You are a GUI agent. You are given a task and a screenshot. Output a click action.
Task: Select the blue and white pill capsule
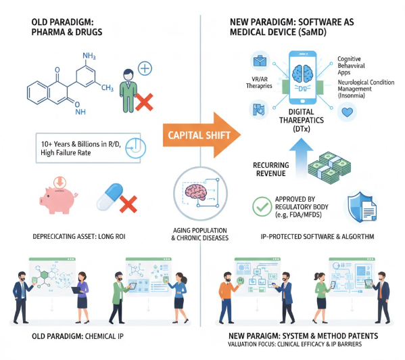[110, 197]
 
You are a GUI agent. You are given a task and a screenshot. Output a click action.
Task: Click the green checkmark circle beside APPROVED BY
[262, 206]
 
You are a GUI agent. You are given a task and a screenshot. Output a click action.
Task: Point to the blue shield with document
[361, 207]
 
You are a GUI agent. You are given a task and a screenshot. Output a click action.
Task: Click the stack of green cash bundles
[329, 167]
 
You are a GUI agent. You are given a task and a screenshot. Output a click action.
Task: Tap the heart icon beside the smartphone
[347, 112]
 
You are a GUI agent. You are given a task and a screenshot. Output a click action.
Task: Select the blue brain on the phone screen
[302, 74]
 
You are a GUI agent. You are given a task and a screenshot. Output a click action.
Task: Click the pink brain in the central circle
[196, 192]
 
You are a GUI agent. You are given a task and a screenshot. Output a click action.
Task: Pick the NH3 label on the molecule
[89, 55]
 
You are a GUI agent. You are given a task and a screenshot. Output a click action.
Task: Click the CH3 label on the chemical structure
[108, 88]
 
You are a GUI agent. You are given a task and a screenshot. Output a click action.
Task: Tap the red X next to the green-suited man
[144, 102]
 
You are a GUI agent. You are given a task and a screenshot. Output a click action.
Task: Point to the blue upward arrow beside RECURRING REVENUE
[301, 156]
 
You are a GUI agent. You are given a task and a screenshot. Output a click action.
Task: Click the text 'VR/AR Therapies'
[259, 83]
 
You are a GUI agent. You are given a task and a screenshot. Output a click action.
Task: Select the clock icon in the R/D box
[136, 148]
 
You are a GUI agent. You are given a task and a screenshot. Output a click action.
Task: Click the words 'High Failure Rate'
[66, 153]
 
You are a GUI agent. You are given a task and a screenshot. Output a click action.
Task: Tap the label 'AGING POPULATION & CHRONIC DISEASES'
[200, 234]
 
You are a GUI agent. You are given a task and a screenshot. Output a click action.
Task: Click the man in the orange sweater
[228, 298]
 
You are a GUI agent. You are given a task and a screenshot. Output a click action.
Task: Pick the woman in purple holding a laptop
[82, 297]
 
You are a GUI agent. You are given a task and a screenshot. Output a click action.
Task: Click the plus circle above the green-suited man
[145, 68]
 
